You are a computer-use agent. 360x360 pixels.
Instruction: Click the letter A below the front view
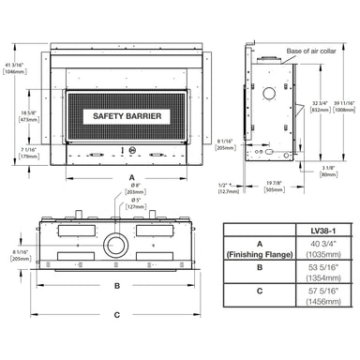(x=132, y=175)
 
